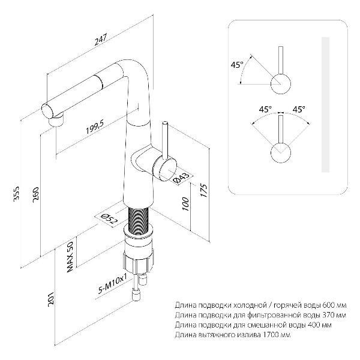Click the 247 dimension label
tap(101, 39)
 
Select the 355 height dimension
tap(17, 194)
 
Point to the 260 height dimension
tap(36, 194)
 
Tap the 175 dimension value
tap(203, 190)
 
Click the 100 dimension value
tap(185, 203)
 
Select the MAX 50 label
tap(70, 256)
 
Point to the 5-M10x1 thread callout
tap(113, 284)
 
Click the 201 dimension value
tap(51, 298)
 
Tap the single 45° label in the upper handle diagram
tap(237, 65)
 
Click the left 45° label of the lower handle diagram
tap(265, 109)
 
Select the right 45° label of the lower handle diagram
tap(298, 109)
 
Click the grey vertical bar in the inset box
tap(325, 104)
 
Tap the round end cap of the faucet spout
tap(48, 111)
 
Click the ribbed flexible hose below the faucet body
tap(139, 221)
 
